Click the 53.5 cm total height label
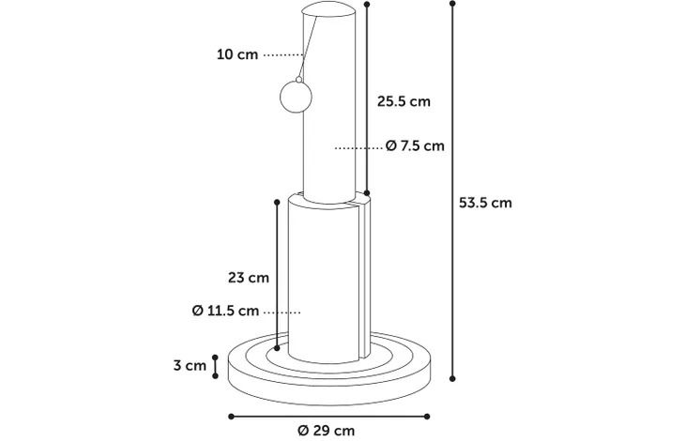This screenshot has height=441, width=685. (x=485, y=203)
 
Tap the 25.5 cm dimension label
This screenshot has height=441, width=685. (x=403, y=101)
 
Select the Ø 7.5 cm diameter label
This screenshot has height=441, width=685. (x=415, y=145)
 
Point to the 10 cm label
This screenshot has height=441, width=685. (x=237, y=54)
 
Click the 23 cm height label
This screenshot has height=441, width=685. (x=249, y=278)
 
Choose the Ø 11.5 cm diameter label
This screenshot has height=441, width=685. (x=225, y=311)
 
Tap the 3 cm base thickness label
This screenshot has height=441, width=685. (x=190, y=365)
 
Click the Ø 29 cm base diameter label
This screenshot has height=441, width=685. (x=327, y=431)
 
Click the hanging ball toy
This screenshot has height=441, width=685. (x=296, y=97)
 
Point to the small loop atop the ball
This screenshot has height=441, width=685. (x=298, y=80)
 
